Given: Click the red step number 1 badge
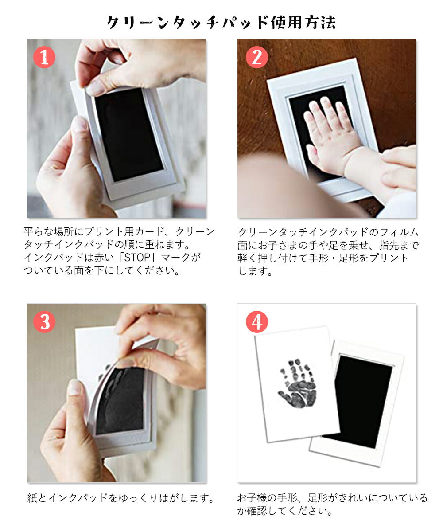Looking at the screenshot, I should [44, 57].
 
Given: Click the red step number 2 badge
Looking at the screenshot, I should [257, 57].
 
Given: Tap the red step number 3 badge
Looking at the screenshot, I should [44, 322].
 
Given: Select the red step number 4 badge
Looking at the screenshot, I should [257, 322].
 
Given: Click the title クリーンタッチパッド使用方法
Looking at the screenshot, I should [221, 22].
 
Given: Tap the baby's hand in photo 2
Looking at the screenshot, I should [330, 133].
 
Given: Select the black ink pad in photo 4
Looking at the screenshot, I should [361, 399].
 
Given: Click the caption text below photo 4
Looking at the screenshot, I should [332, 504].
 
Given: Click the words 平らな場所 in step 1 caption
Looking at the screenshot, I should [49, 231].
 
